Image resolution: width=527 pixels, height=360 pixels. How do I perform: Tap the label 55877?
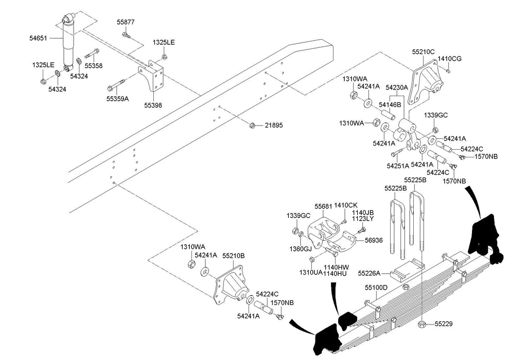tap(126, 22)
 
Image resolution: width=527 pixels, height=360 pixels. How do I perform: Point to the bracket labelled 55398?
tap(152, 77)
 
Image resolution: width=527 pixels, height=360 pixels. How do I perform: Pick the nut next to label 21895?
tap(253, 125)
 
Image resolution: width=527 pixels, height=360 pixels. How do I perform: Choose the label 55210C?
tap(423, 52)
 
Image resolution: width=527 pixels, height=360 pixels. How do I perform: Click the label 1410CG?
tap(449, 59)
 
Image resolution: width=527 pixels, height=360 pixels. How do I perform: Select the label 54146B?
tap(390, 105)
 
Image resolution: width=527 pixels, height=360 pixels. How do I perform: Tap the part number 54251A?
tap(398, 166)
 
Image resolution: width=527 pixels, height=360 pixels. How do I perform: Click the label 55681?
tap(323, 206)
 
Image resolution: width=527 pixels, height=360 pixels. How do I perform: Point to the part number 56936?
tap(374, 240)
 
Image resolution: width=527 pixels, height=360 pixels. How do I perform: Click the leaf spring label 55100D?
tap(376, 287)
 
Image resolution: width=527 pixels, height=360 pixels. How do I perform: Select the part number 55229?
tap(444, 324)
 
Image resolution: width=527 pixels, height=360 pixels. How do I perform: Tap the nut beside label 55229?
tap(421, 324)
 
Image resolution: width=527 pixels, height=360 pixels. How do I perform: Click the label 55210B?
tap(234, 256)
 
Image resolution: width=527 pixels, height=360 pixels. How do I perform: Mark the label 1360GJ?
tap(301, 249)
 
